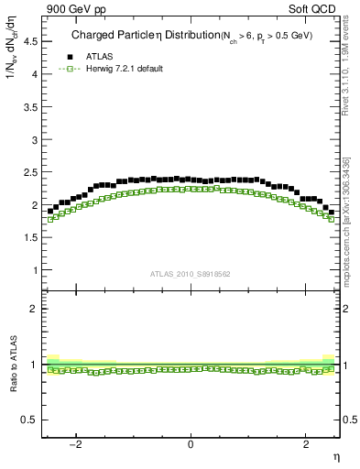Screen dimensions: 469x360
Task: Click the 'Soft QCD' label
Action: click(315, 8)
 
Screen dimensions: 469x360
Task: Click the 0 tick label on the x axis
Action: click(191, 444)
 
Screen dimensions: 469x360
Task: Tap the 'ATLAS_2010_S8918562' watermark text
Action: click(190, 273)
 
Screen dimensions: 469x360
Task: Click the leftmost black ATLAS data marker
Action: click(50, 211)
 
